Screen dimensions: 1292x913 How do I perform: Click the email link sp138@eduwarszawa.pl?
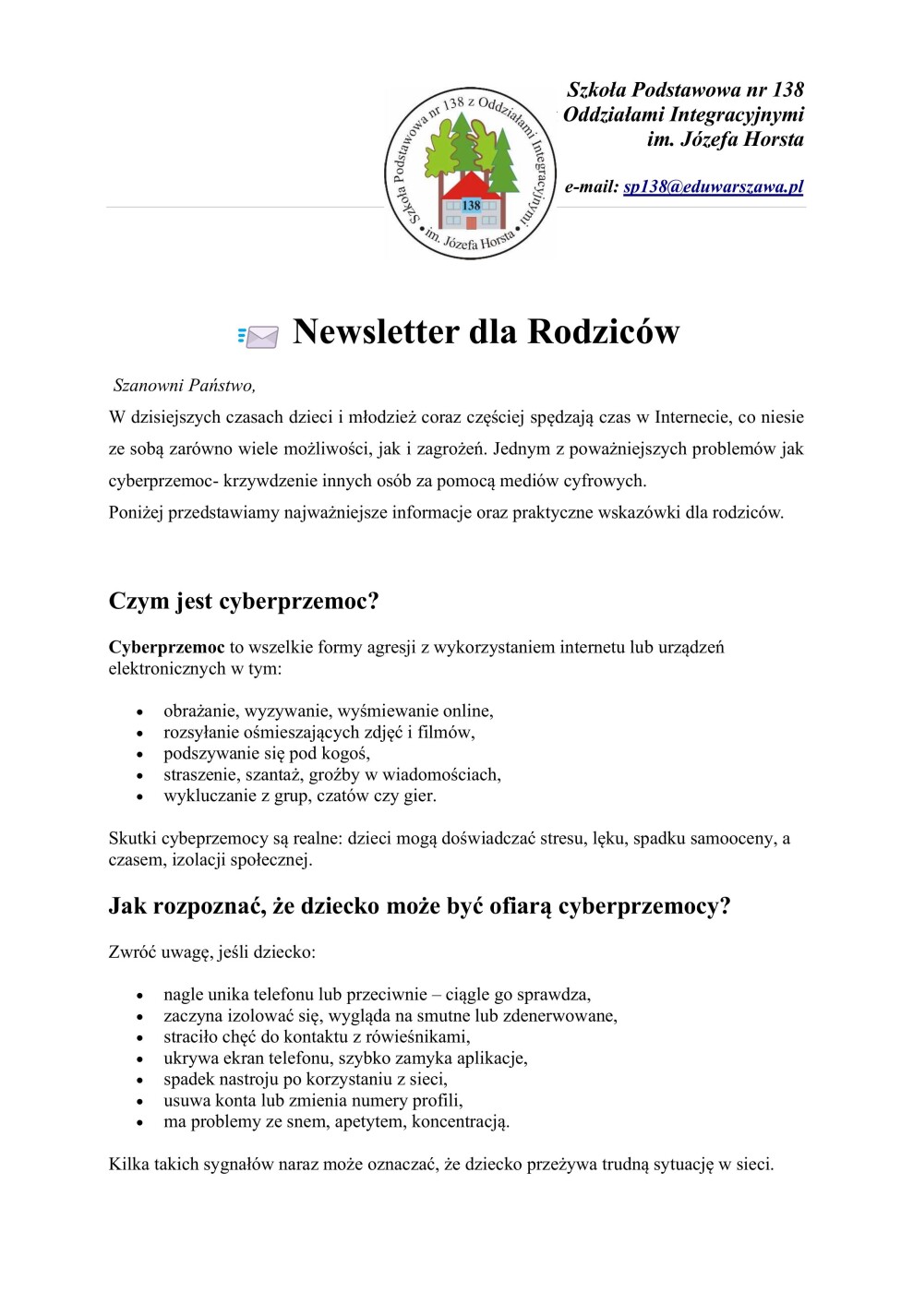(713, 186)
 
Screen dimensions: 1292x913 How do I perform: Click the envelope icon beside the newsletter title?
(259, 336)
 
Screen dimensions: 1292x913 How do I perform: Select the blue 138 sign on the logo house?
(471, 205)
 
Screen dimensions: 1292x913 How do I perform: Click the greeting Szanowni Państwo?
(184, 386)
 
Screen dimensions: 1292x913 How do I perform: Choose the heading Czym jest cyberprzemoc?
(244, 602)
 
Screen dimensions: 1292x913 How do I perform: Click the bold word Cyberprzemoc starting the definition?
(166, 647)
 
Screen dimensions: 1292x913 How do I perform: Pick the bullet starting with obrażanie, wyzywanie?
(328, 711)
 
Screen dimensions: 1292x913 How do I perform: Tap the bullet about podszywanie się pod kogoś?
(266, 753)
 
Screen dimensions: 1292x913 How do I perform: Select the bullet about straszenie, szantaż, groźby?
(331, 774)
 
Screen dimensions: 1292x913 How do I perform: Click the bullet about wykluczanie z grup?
(299, 796)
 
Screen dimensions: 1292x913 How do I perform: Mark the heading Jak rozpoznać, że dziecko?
(419, 906)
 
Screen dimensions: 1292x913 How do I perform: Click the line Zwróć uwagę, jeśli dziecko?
(211, 952)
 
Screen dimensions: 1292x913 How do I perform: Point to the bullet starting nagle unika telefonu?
(377, 995)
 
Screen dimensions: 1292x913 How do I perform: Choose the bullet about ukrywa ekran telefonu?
(345, 1059)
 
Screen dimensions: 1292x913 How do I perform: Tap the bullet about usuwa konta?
(313, 1101)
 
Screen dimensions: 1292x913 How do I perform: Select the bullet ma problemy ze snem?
(336, 1122)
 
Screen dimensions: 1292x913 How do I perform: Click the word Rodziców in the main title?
(604, 332)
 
